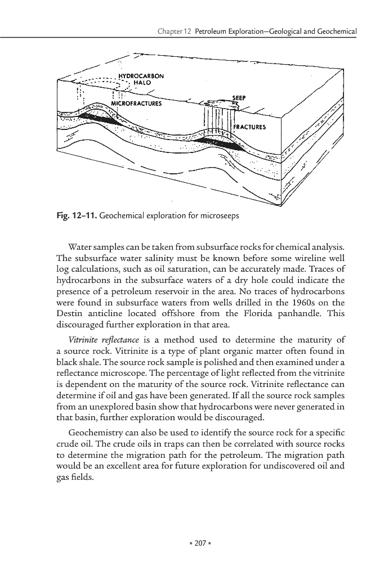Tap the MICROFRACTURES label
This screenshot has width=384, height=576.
(x=136, y=103)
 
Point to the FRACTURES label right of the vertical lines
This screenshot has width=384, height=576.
(x=249, y=127)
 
